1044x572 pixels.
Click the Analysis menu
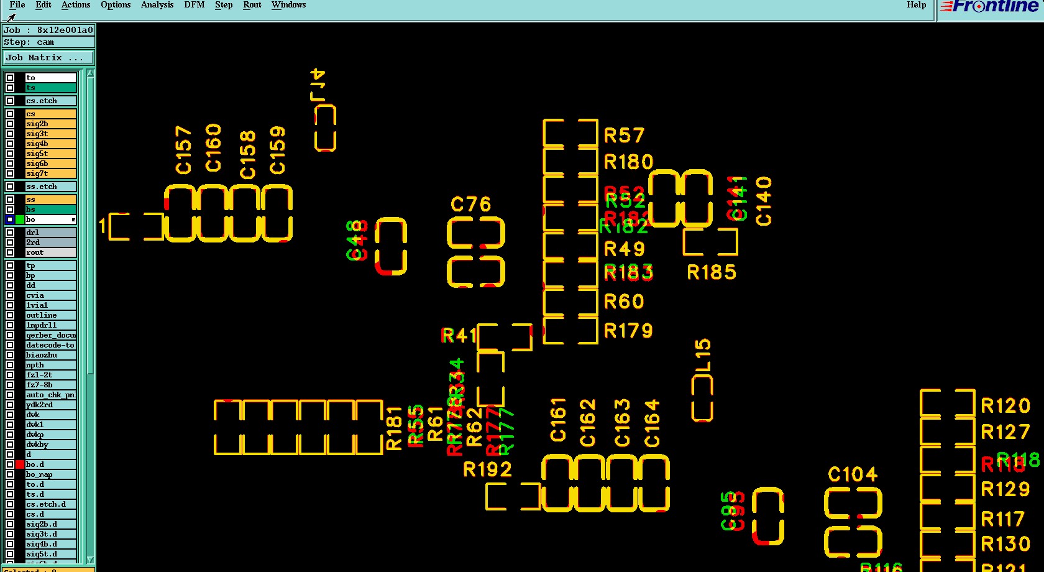[x=157, y=5]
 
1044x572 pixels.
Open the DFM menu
[x=194, y=5]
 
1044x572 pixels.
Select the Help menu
[x=916, y=5]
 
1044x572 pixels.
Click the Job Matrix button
[x=48, y=58]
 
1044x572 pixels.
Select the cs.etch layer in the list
[x=50, y=101]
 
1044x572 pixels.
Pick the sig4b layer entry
[x=50, y=144]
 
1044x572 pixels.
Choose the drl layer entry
[x=50, y=233]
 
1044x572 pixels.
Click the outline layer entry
[x=50, y=315]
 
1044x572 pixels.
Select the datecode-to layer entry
[x=50, y=345]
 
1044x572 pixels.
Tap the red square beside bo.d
[x=20, y=464]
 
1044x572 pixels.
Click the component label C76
[x=470, y=205]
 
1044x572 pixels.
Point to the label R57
[x=624, y=136]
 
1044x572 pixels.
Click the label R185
[x=711, y=272]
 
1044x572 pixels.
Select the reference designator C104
[x=853, y=475]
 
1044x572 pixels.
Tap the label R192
[x=487, y=469]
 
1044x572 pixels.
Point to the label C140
[x=764, y=201]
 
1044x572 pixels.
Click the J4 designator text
[x=318, y=85]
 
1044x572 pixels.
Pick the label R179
[x=628, y=331]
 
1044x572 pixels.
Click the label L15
[x=702, y=355]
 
